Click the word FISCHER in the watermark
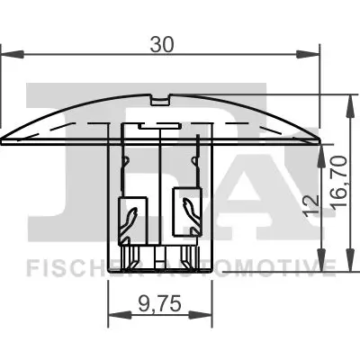pyautogui.click(x=67, y=266)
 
